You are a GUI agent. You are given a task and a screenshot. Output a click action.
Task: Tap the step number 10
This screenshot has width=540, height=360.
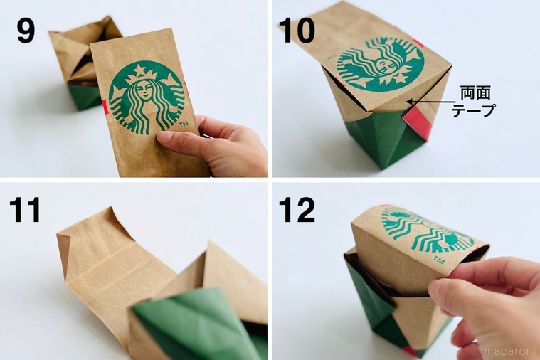297,31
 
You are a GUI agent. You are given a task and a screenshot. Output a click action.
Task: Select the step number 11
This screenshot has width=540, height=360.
25,209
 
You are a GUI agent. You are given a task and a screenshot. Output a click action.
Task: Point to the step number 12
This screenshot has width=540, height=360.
297,209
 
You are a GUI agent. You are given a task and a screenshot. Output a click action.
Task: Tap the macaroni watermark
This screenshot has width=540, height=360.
509,351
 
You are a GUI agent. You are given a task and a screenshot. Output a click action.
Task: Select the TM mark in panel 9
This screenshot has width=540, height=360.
184,124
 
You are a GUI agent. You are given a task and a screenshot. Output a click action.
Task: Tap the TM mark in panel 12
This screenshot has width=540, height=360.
438,260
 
